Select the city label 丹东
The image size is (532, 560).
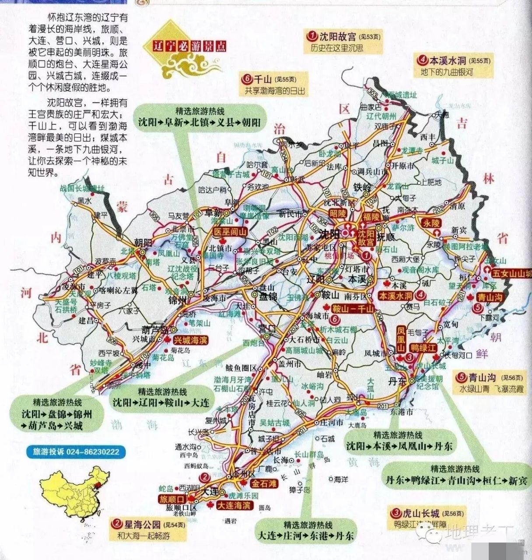pyautogui.click(x=397, y=381)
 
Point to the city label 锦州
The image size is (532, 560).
pyautogui.click(x=178, y=300)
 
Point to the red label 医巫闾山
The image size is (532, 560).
pyautogui.click(x=229, y=232)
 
